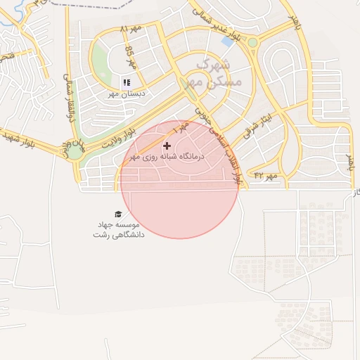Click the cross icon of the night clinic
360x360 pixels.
[x=167, y=146]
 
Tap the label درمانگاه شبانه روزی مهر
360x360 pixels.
[x=173, y=157]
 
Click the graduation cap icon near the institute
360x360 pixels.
[x=117, y=214]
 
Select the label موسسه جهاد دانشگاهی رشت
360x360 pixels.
[x=118, y=229]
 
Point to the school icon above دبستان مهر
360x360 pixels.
[x=127, y=82]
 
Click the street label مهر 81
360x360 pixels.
[x=130, y=30]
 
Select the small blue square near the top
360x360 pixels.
[x=228, y=41]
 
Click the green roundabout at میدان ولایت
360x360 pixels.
[x=75, y=150]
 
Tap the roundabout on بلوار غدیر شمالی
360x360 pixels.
[x=252, y=43]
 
